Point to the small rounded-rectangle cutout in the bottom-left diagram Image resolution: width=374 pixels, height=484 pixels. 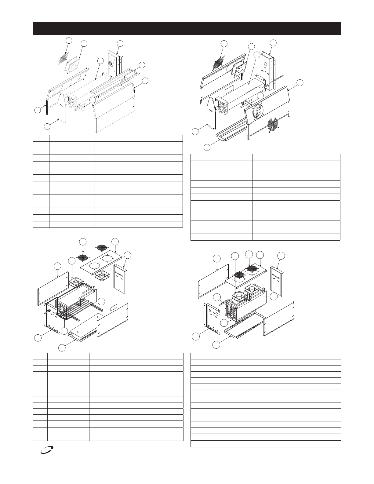(x=115, y=307)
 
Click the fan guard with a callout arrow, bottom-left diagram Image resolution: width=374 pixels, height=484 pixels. (x=82, y=257)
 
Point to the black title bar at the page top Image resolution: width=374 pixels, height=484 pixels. (x=187, y=28)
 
